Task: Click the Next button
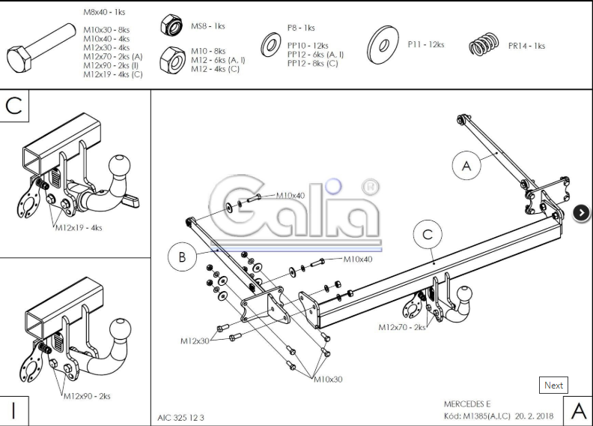(553, 385)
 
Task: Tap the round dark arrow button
(582, 213)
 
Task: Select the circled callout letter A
(467, 166)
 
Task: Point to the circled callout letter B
(182, 257)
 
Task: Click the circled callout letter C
(428, 235)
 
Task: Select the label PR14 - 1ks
(526, 46)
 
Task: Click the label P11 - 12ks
(425, 45)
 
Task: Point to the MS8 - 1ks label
(207, 26)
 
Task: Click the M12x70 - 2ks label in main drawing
(401, 327)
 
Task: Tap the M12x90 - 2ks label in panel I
(87, 395)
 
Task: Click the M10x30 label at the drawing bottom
(328, 379)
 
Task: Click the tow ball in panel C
(120, 166)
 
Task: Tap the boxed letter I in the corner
(14, 410)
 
